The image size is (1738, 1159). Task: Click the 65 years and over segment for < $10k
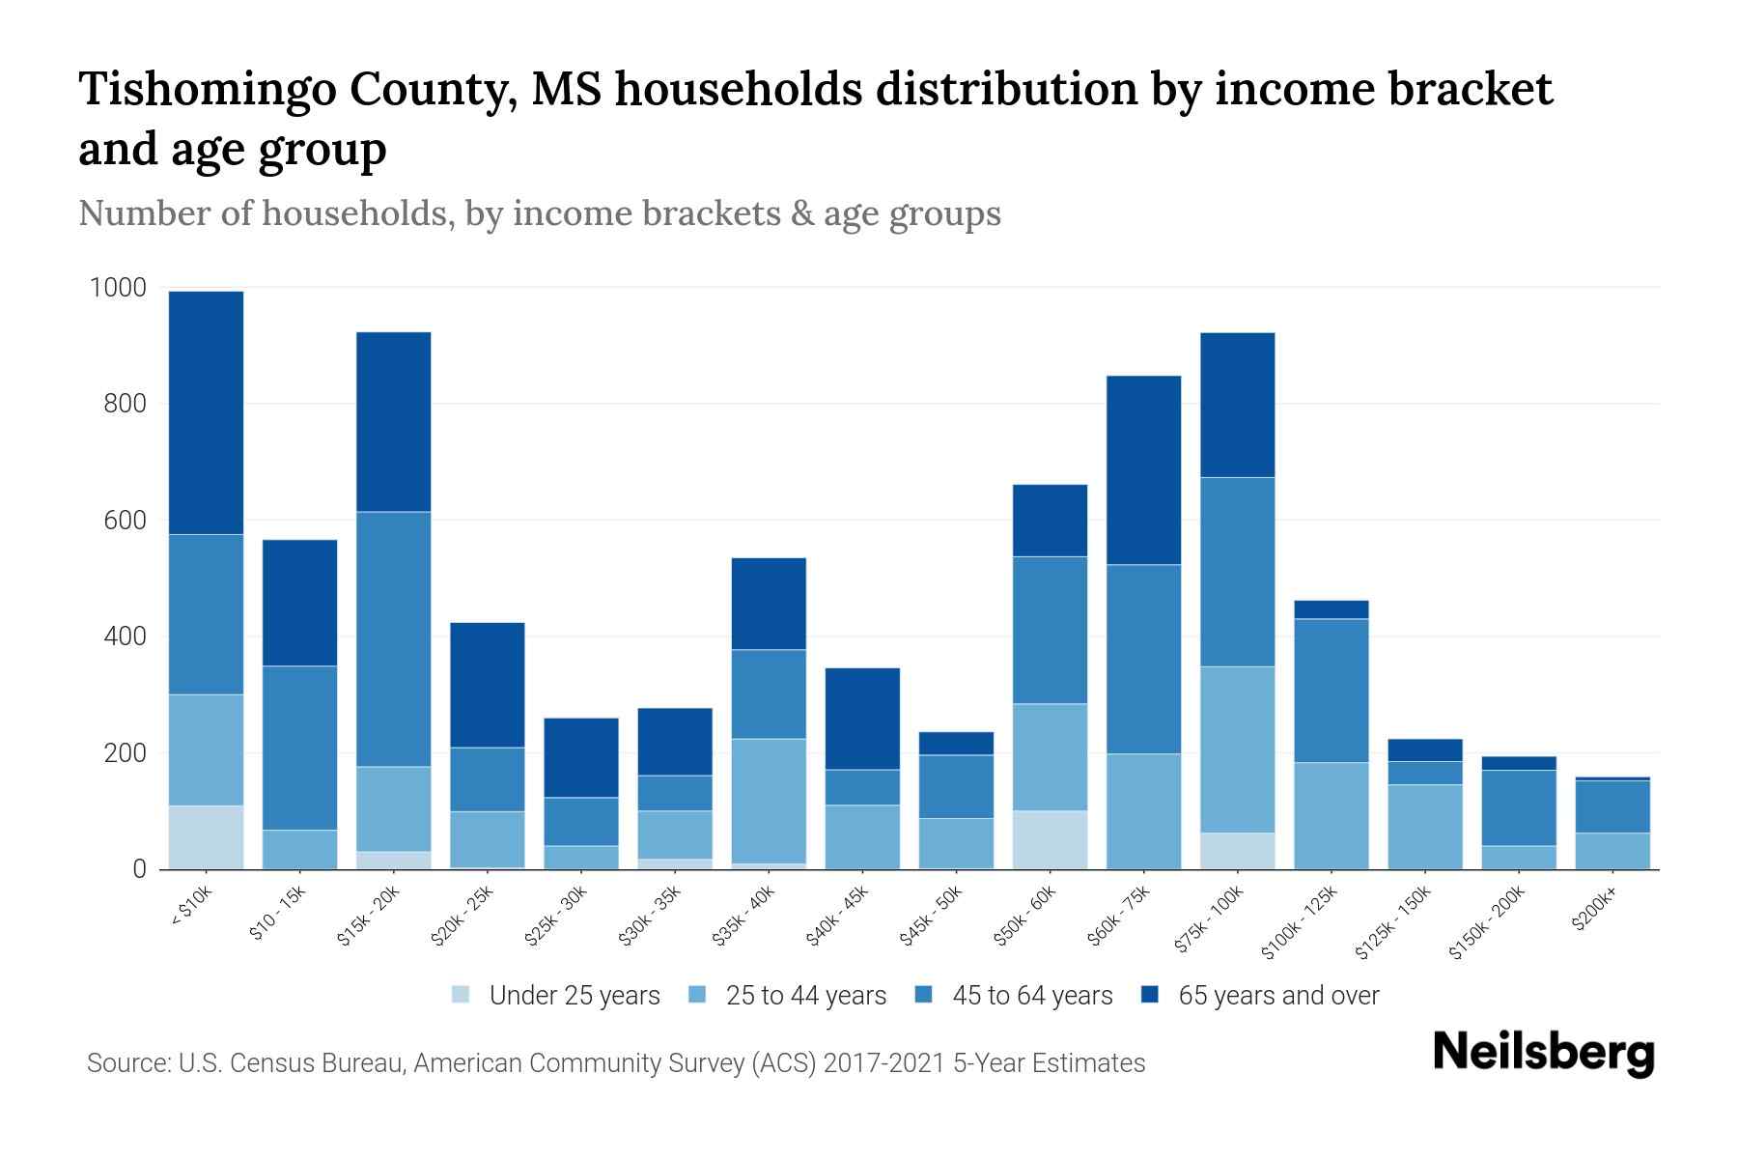pyautogui.click(x=206, y=412)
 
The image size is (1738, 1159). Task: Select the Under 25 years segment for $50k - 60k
pyautogui.click(x=1050, y=839)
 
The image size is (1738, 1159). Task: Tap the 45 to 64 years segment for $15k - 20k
pyautogui.click(x=393, y=638)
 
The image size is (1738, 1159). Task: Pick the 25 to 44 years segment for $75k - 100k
pyautogui.click(x=1237, y=749)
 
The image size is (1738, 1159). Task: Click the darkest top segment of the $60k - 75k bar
pyautogui.click(x=1143, y=469)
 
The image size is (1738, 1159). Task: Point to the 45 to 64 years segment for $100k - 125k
pyautogui.click(x=1331, y=691)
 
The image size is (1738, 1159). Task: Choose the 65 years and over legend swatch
pyautogui.click(x=1150, y=995)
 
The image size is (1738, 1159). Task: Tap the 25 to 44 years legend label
pyautogui.click(x=805, y=996)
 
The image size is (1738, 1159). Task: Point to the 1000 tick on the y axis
pyautogui.click(x=118, y=288)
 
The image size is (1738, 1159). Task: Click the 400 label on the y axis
pyautogui.click(x=125, y=636)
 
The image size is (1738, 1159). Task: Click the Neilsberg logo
pyautogui.click(x=1543, y=1053)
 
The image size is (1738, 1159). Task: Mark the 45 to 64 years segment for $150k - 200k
pyautogui.click(x=1518, y=807)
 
